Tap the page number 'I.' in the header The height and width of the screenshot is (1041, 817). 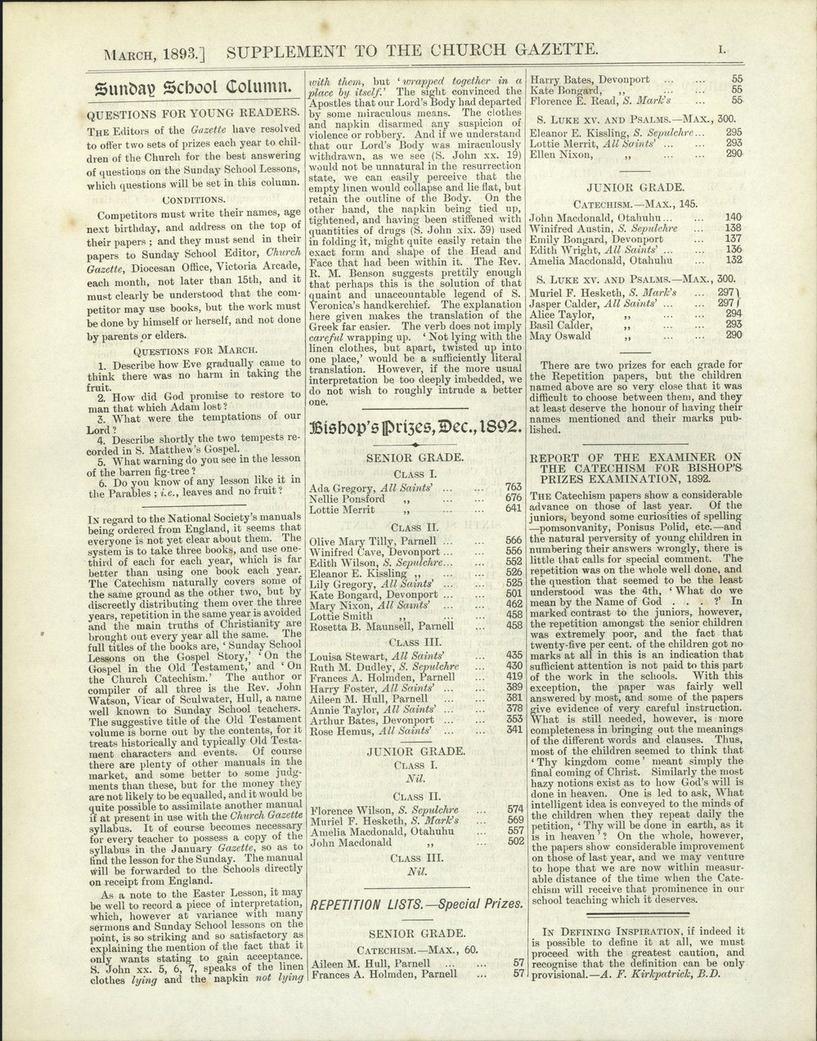pos(720,51)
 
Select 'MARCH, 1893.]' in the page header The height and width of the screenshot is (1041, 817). pos(154,54)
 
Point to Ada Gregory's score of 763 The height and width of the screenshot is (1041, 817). pos(513,487)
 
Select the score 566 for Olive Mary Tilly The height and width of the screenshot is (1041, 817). pos(513,541)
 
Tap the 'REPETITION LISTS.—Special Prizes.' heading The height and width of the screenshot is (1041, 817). pos(415,904)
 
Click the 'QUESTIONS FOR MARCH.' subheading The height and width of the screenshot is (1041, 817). pos(193,348)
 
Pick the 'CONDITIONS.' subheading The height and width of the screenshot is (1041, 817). pos(193,199)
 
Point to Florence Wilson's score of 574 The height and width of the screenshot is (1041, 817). pos(514,810)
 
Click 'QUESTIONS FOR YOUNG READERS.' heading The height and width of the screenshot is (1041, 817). pos(193,114)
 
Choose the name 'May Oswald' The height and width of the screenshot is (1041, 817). pos(559,335)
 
